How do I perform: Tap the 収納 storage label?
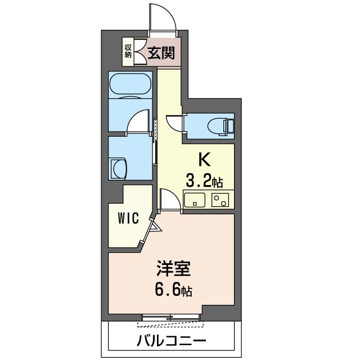point(128,50)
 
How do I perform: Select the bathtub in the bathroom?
point(130,85)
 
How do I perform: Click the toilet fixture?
point(219,125)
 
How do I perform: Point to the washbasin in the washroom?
point(119,168)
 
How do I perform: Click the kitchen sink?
point(195,199)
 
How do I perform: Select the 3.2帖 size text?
point(205,181)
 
